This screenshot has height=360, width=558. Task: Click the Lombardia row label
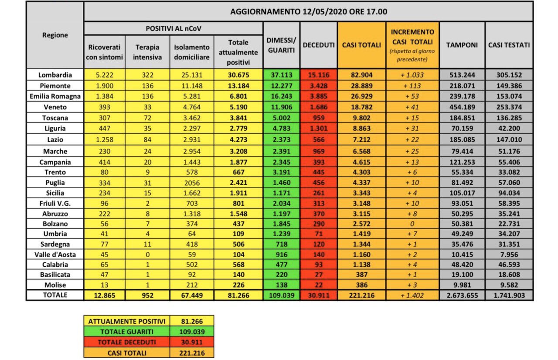pyautogui.click(x=55, y=75)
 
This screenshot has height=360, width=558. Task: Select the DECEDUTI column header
pyautogui.click(x=318, y=45)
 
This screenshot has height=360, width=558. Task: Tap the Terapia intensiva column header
pyautogui.click(x=147, y=52)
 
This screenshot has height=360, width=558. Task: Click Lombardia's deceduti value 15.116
pyautogui.click(x=318, y=75)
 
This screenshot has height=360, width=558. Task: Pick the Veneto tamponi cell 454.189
pyautogui.click(x=462, y=107)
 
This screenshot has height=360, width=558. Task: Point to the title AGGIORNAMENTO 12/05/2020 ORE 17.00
pyautogui.click(x=308, y=11)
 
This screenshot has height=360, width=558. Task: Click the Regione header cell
pyautogui.click(x=55, y=35)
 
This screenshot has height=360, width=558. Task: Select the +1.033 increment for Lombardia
pyautogui.click(x=412, y=75)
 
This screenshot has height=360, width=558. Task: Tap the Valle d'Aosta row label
pyautogui.click(x=55, y=254)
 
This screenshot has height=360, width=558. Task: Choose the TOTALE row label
pyautogui.click(x=55, y=295)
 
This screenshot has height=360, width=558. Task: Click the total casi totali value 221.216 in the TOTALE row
pyautogui.click(x=361, y=295)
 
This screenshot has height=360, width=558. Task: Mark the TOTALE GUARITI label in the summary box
pyautogui.click(x=127, y=332)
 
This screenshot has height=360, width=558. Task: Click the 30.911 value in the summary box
pyautogui.click(x=192, y=342)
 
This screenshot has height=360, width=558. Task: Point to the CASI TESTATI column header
pyautogui.click(x=509, y=45)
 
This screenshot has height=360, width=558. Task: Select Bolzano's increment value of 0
pyautogui.click(x=412, y=224)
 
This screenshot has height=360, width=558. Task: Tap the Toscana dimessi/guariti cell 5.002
pyautogui.click(x=281, y=117)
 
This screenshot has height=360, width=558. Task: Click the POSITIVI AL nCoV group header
pyautogui.click(x=173, y=28)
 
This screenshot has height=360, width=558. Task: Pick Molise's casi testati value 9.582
pyautogui.click(x=509, y=285)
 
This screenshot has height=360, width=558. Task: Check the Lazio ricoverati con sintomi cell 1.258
pyautogui.click(x=104, y=139)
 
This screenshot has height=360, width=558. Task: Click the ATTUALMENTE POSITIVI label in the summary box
pyautogui.click(x=127, y=321)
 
